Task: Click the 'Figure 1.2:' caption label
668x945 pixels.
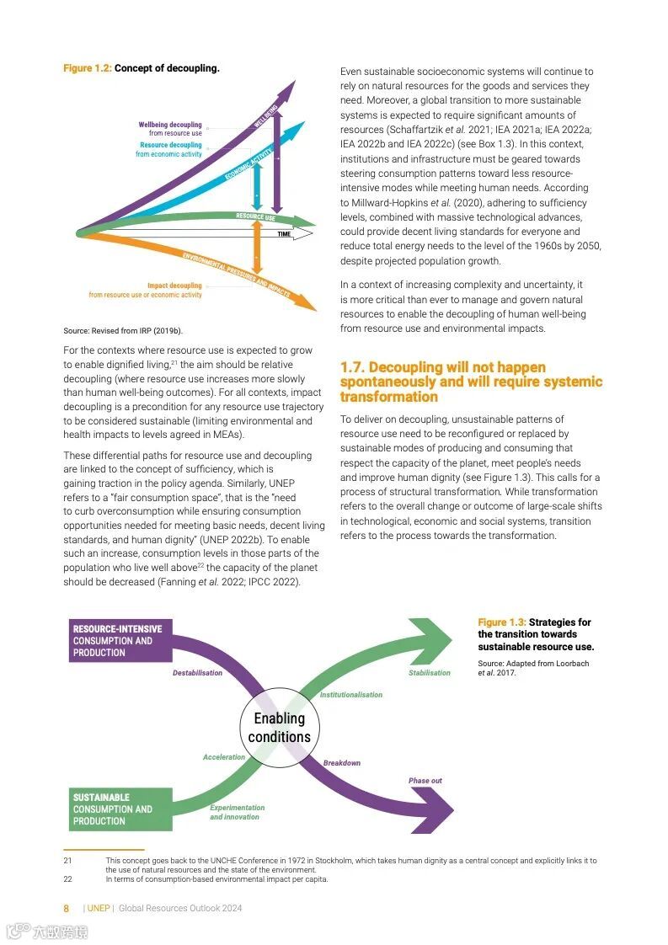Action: [87, 68]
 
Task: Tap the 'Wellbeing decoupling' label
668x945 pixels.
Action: [170, 125]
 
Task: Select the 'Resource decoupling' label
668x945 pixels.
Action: [171, 145]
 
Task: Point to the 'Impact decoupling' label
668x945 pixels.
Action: [174, 286]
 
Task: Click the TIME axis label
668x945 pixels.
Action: [284, 233]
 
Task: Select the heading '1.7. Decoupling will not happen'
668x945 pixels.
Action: [442, 367]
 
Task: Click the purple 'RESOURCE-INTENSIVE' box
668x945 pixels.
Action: [119, 641]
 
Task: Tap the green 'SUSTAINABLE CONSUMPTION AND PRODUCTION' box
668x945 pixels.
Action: [119, 809]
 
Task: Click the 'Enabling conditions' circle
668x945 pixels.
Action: [280, 728]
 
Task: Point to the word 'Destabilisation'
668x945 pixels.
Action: [197, 673]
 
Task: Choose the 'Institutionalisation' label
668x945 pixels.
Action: [350, 695]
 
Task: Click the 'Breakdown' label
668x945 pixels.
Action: [341, 763]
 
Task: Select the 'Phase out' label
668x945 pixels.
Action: [425, 781]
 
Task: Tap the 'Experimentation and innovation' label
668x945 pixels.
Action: [237, 813]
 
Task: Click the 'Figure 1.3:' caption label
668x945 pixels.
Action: [502, 622]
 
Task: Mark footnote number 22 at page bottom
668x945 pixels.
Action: [68, 879]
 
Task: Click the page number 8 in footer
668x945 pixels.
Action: [67, 909]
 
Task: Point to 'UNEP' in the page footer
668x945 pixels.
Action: [99, 909]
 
